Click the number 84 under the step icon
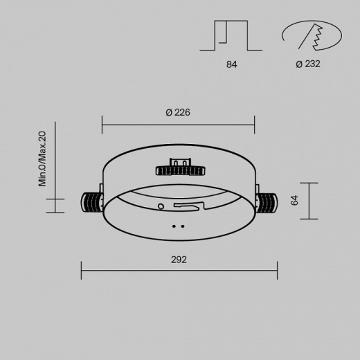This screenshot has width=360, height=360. [232, 65]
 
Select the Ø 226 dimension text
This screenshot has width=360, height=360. [179, 112]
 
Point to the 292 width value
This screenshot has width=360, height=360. [179, 260]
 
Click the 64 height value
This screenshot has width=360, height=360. [294, 201]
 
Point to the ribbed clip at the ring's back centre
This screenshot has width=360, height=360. [179, 170]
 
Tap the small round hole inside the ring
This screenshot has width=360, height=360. [161, 206]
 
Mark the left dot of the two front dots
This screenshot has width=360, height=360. [174, 225]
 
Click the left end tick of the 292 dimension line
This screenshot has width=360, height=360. [82, 271]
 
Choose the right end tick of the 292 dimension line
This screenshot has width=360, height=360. [278, 271]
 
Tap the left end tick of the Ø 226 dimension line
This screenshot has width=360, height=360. [102, 125]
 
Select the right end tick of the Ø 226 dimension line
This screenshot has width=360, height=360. [255, 125]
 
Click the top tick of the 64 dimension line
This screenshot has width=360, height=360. [309, 183]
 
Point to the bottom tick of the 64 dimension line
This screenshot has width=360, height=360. [309, 219]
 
